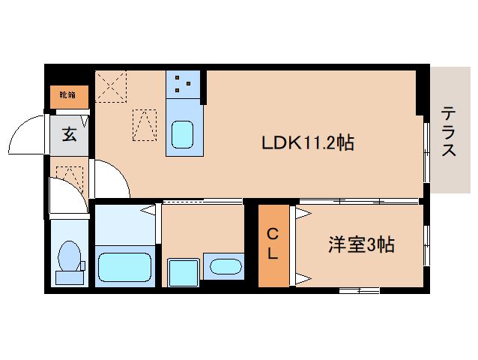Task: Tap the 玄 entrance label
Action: click(x=68, y=135)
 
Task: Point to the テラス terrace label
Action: click(x=449, y=132)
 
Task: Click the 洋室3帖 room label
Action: click(x=361, y=244)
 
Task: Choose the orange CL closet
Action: click(x=273, y=244)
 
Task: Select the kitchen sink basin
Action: click(x=184, y=136)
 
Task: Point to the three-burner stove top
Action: click(x=184, y=83)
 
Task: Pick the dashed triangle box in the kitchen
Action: click(x=145, y=125)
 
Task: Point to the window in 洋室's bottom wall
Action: click(x=358, y=290)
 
